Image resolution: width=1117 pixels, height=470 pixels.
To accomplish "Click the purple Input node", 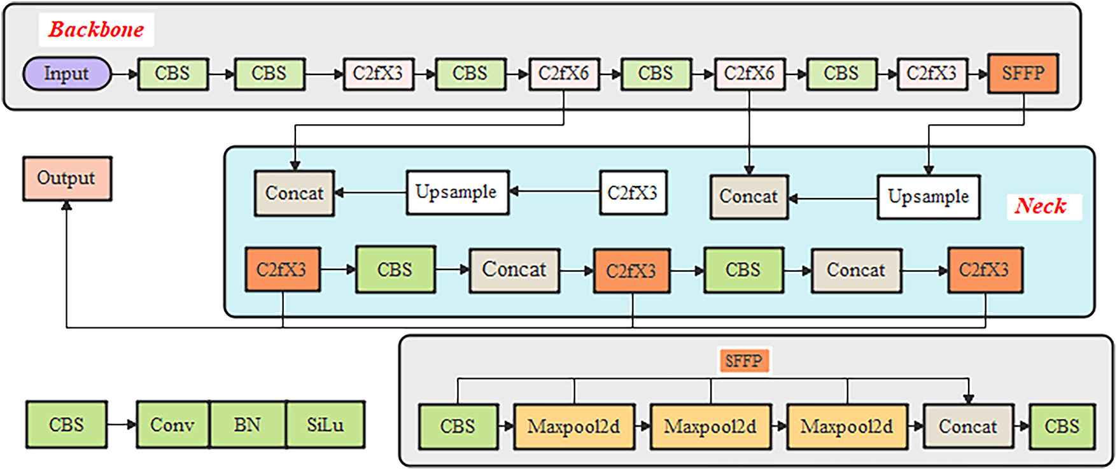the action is click(x=67, y=74).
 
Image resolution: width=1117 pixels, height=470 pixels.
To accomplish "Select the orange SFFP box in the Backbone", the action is click(x=1023, y=74).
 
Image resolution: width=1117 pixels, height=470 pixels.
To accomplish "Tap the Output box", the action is click(x=67, y=178).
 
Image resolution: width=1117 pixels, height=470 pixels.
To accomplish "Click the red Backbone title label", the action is click(x=96, y=29).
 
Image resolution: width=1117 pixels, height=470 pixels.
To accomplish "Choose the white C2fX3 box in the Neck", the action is click(x=633, y=192).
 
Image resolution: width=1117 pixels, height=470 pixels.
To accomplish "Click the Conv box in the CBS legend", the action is click(x=172, y=424).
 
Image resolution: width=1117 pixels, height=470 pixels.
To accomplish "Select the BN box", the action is click(x=247, y=424).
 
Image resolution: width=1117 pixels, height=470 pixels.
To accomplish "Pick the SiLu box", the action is click(x=325, y=424).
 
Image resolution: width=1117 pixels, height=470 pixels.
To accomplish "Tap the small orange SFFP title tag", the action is click(x=743, y=361).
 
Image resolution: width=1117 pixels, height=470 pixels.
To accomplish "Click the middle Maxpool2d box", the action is click(x=710, y=426).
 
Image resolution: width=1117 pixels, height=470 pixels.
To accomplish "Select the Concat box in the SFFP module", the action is click(x=968, y=426).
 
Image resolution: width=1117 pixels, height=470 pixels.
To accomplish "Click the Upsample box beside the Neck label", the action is click(x=929, y=197).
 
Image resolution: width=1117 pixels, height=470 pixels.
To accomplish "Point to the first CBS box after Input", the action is click(x=172, y=74).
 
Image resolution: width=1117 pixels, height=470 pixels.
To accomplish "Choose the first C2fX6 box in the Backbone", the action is click(x=564, y=74).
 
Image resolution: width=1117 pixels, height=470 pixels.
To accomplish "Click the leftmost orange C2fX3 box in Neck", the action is click(x=283, y=269).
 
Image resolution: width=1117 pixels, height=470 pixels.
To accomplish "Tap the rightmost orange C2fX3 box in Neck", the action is click(x=985, y=270).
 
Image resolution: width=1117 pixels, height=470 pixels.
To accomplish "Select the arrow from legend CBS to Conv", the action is click(x=122, y=424).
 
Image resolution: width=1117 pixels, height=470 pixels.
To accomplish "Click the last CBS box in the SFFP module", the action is click(x=1062, y=426).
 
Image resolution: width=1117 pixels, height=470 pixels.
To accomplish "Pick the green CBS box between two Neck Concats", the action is click(x=743, y=270).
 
